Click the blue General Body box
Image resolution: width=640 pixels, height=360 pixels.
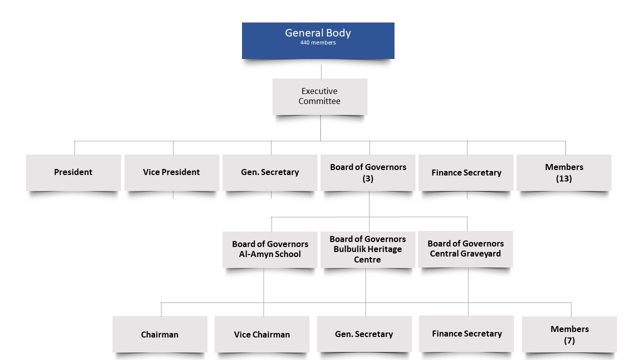click(318, 40)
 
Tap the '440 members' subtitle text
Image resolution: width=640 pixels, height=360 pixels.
click(318, 43)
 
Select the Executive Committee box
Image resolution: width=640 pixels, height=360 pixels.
click(319, 96)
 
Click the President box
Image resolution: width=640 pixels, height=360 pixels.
click(73, 172)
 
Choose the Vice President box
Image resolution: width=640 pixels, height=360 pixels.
click(171, 172)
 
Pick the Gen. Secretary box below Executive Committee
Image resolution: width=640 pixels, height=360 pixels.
click(269, 172)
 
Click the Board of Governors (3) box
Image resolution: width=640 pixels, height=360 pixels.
click(368, 172)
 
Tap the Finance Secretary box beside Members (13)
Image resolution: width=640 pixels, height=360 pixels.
click(466, 172)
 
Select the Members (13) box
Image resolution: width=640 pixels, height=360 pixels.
click(564, 172)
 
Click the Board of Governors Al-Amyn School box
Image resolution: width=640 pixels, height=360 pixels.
click(270, 249)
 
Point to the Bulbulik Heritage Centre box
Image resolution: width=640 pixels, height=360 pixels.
click(367, 249)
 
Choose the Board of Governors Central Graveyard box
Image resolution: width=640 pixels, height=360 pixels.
click(465, 248)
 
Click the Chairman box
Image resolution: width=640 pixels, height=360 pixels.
click(159, 334)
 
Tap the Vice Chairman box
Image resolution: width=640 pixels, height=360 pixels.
click(261, 334)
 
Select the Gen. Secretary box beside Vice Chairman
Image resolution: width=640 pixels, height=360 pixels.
click(364, 334)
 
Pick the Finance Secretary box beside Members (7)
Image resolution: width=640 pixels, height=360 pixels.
click(466, 333)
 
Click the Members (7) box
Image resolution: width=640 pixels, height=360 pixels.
click(569, 334)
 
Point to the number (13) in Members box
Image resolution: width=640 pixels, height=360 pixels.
click(564, 178)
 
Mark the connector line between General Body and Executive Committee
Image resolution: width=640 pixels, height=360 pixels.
click(321, 71)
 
